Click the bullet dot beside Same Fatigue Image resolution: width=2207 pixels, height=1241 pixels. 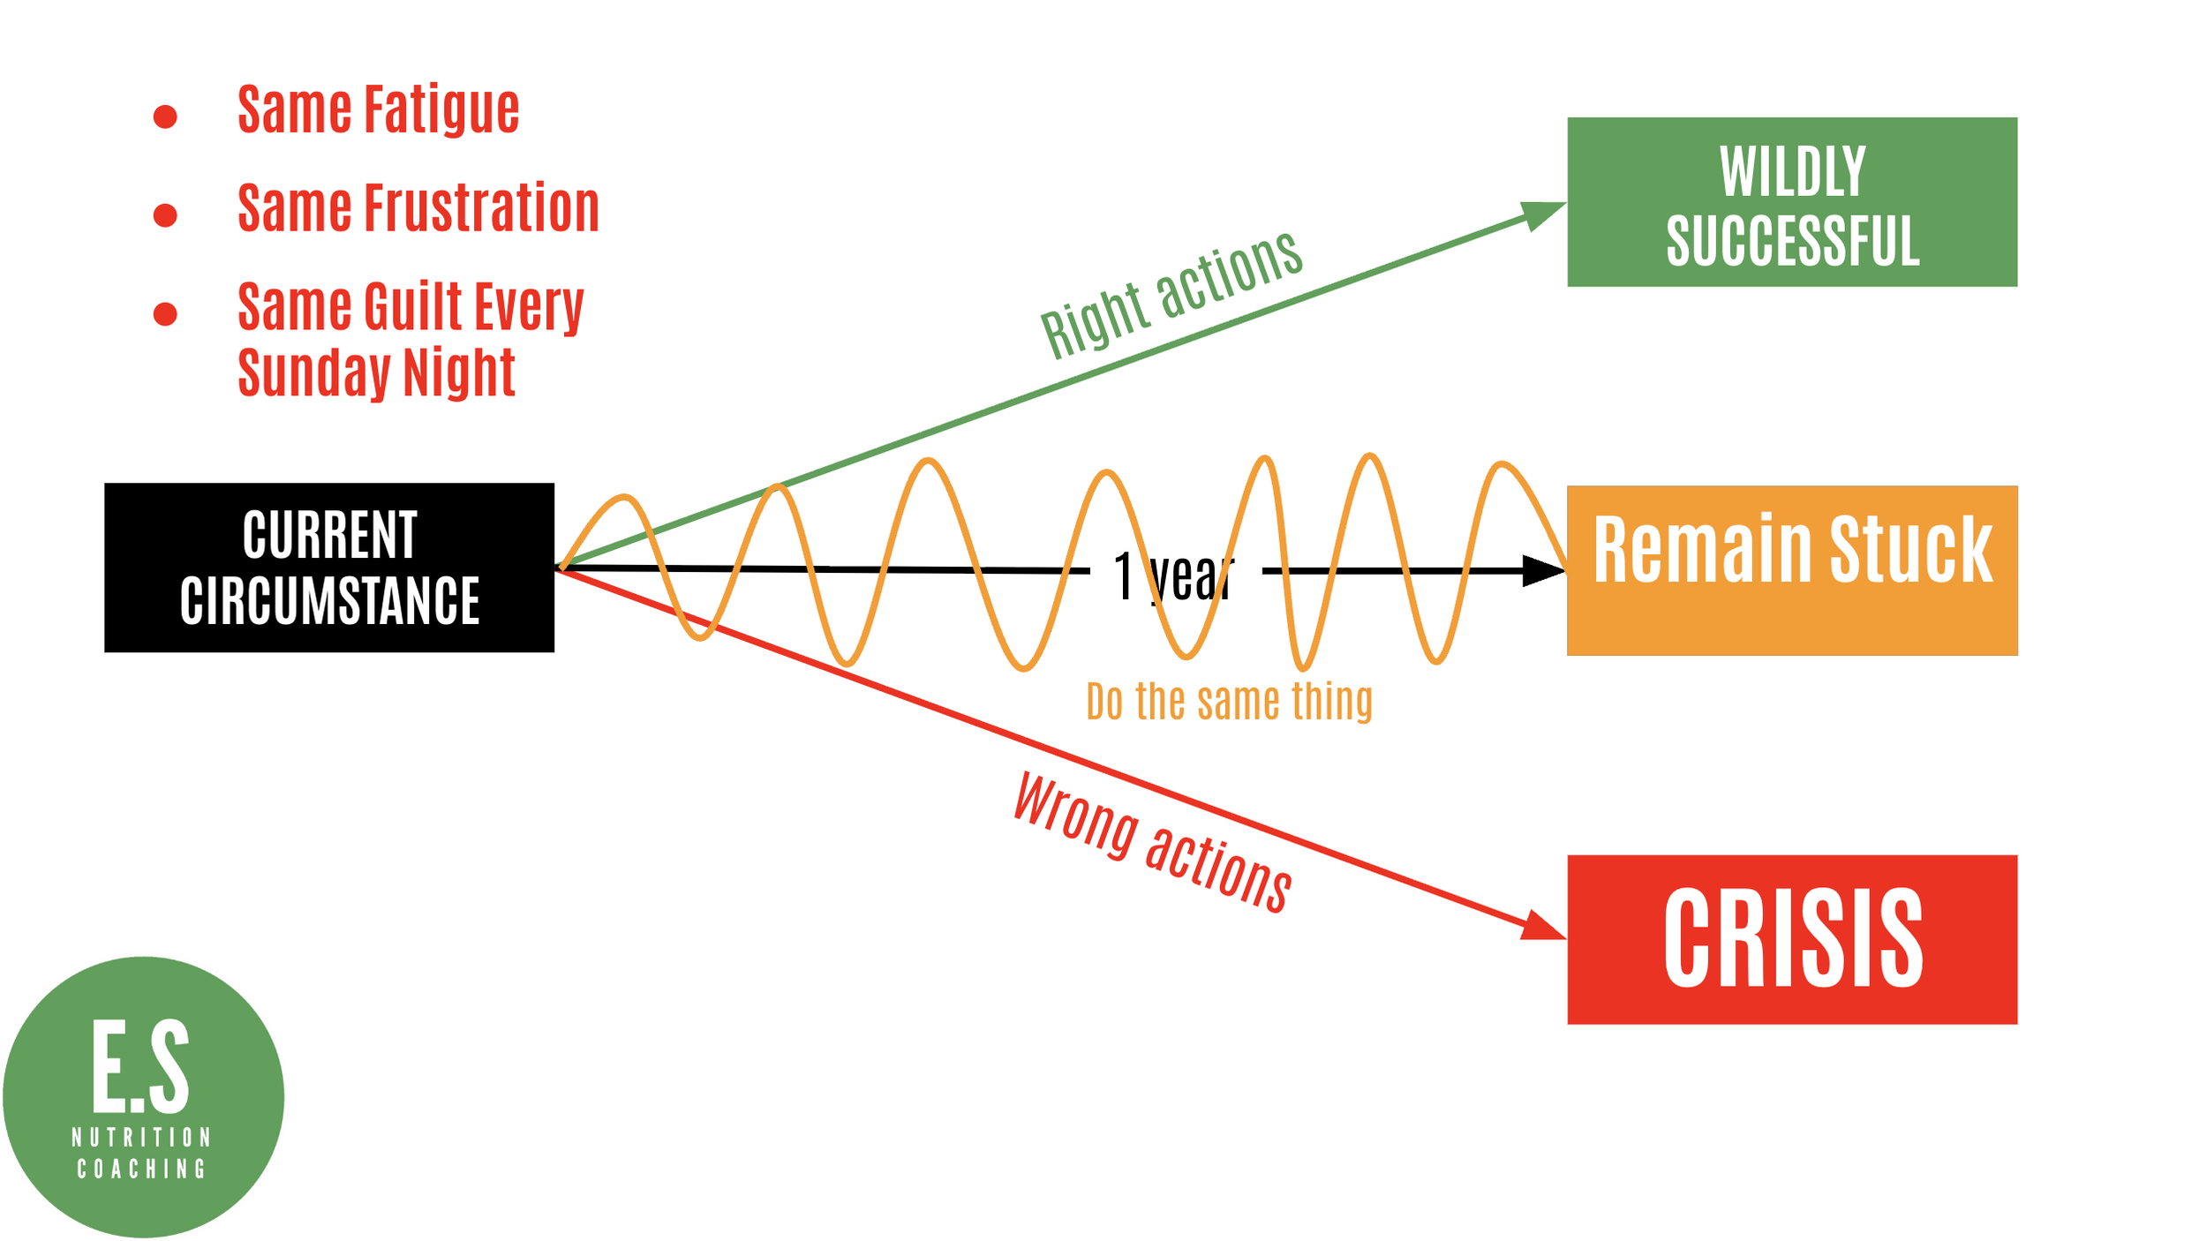165,117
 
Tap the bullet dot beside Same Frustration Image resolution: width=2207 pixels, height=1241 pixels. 165,215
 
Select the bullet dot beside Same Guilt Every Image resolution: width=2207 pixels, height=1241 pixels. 165,313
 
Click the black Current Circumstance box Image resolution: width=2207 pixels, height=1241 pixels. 329,568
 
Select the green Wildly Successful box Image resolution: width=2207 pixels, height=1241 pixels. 1792,202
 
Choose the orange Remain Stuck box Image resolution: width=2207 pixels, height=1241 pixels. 1792,570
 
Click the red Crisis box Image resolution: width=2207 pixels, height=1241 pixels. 1792,939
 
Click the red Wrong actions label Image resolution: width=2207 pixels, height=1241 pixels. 1152,843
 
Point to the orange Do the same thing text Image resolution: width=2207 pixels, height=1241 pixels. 1229,702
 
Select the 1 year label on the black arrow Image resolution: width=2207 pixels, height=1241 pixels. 1172,576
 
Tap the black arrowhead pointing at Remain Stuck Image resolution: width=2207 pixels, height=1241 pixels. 1543,571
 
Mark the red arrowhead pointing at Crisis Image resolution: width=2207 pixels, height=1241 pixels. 1543,928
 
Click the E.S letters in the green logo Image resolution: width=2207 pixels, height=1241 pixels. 141,1066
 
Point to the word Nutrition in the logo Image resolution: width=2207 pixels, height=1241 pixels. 141,1137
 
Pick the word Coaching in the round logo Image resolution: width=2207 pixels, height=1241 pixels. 141,1170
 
